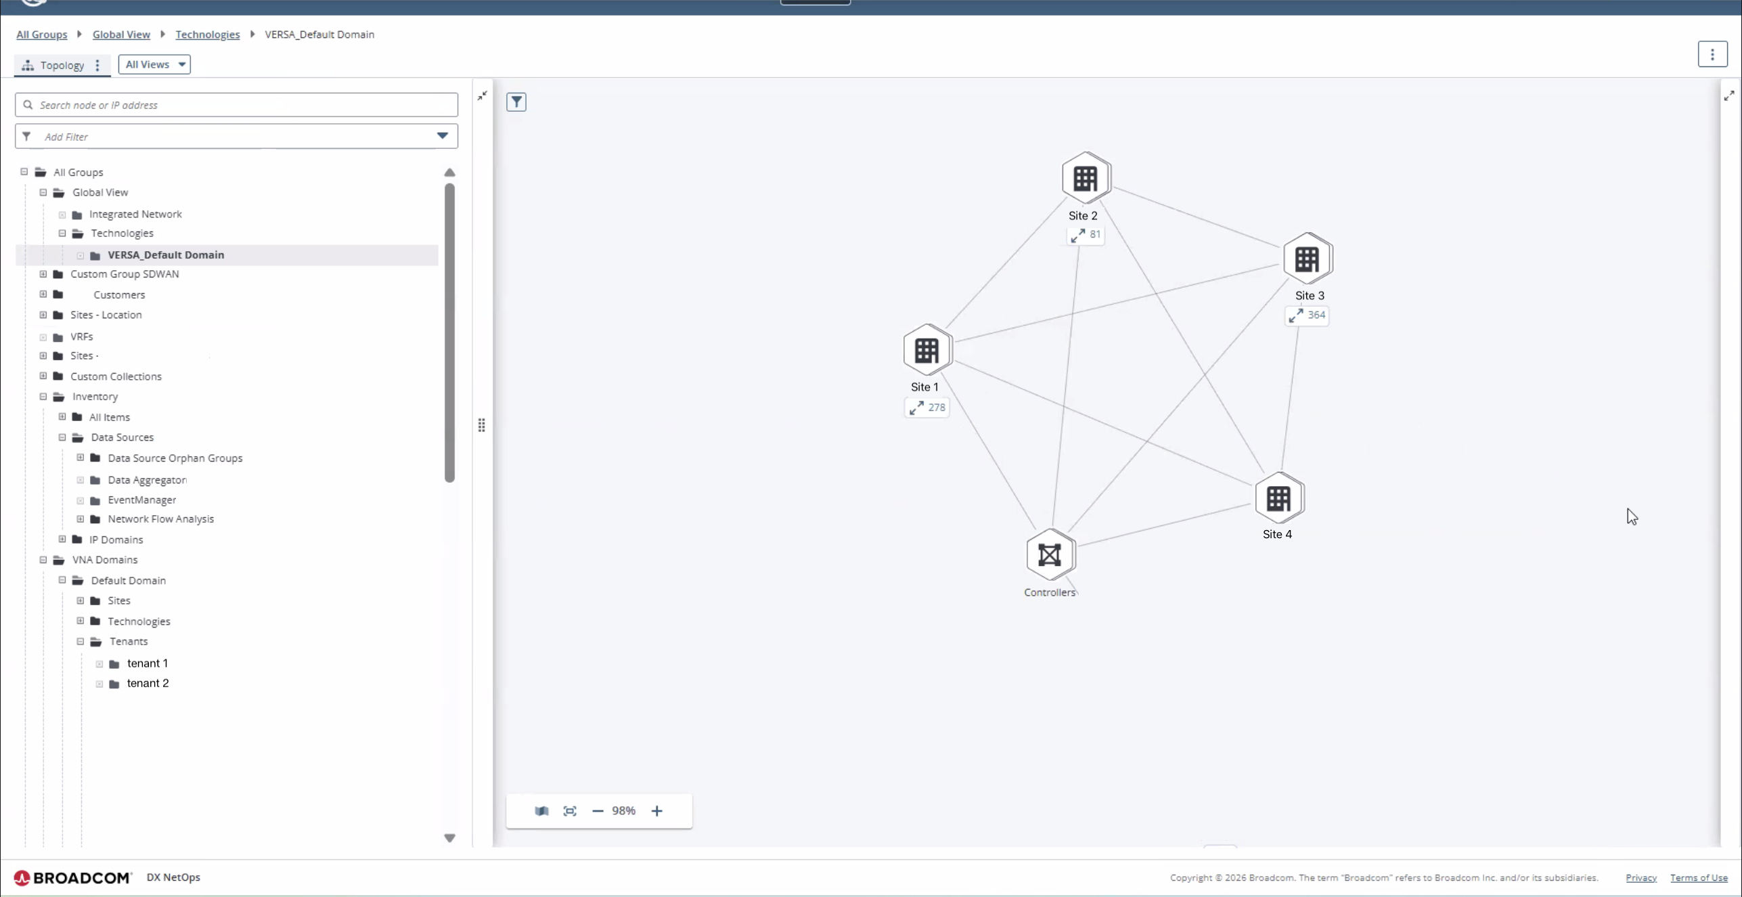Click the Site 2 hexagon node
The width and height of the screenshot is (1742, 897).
click(1086, 178)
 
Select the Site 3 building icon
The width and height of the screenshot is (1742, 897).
click(1307, 259)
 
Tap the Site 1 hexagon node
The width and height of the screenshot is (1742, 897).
click(927, 350)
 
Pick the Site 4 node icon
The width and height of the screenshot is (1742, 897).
click(1278, 498)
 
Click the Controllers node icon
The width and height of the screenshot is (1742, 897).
click(1050, 555)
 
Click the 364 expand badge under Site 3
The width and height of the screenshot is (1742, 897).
click(1307, 315)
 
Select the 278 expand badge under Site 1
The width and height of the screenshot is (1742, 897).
click(926, 408)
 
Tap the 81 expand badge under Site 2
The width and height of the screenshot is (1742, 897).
click(1086, 235)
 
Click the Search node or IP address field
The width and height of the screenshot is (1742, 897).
click(236, 105)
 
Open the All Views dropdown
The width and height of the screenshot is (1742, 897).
click(154, 64)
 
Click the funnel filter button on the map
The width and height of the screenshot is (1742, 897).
click(516, 102)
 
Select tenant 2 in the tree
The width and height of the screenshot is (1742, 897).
click(148, 683)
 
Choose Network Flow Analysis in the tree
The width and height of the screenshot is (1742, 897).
click(160, 519)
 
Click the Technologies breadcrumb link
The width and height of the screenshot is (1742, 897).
click(208, 35)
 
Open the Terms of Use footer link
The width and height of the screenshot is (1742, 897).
click(1699, 878)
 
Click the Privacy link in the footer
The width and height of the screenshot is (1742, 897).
click(1641, 878)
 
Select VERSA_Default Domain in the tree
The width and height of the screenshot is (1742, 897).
click(166, 255)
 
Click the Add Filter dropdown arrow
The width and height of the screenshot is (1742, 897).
click(443, 136)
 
